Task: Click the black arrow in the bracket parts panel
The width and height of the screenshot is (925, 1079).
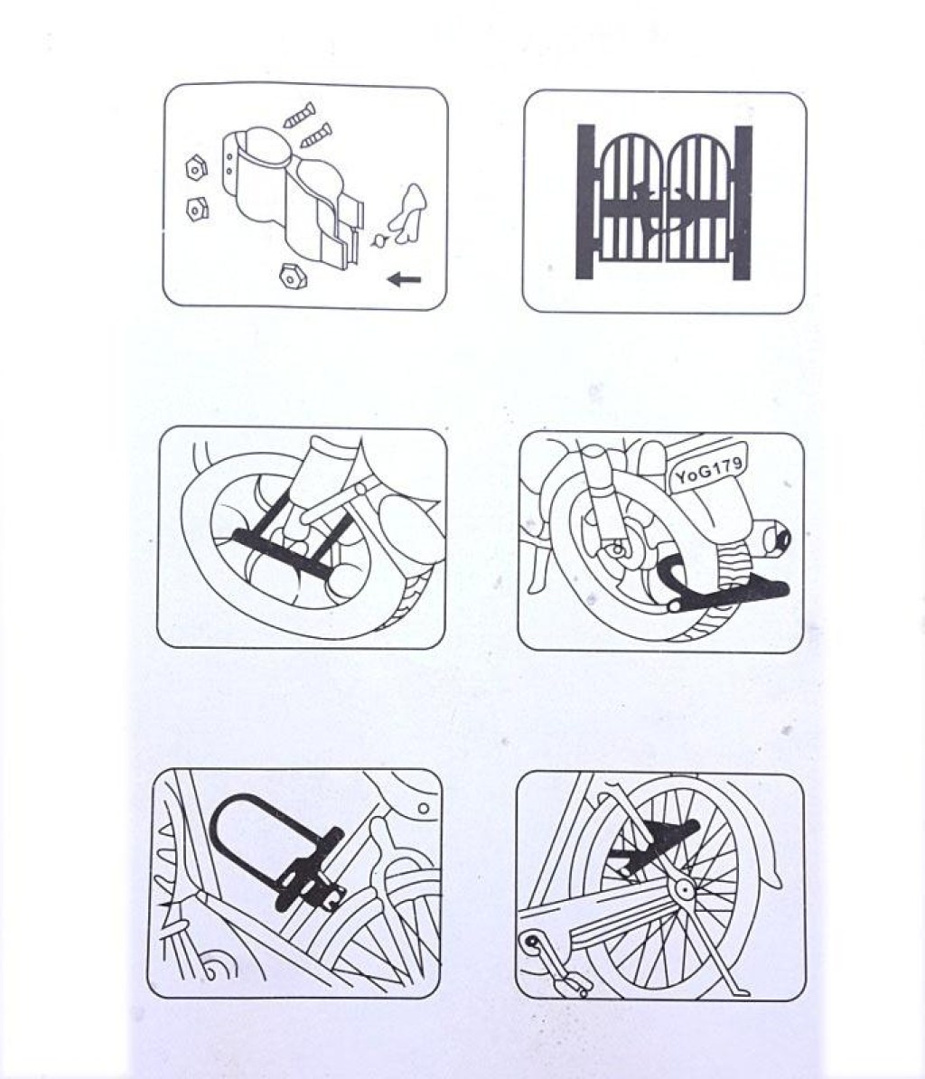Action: (405, 278)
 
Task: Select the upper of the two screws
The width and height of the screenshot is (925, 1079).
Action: (300, 115)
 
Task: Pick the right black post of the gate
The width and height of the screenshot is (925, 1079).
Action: (742, 203)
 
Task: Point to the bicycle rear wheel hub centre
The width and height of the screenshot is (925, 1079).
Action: (685, 890)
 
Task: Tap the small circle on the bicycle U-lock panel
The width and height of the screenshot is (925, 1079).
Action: (424, 808)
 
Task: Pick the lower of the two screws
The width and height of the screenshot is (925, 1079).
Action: (316, 135)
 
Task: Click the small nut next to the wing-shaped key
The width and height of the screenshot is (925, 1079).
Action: (378, 241)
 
